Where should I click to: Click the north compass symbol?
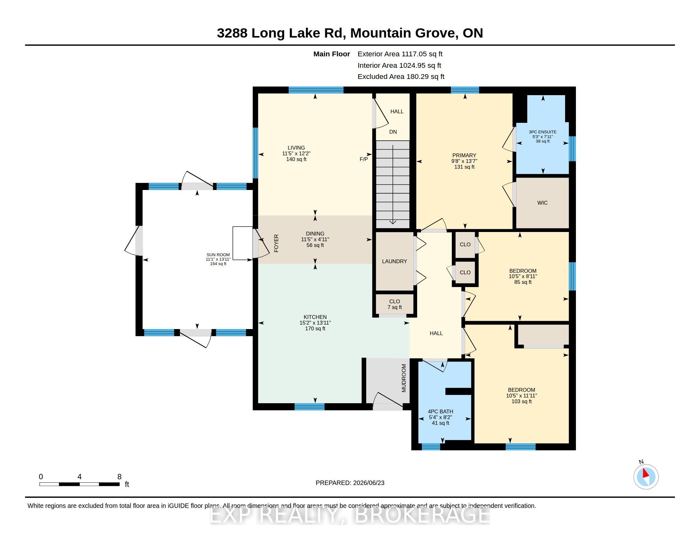click(646, 477)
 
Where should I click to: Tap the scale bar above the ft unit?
click(80, 484)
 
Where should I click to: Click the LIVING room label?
click(296, 148)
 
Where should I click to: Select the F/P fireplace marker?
click(363, 159)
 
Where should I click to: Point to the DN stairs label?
click(393, 132)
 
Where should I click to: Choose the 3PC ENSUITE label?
click(542, 132)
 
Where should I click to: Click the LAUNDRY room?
click(394, 261)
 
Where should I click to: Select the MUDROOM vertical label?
click(404, 378)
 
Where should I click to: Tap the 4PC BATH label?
click(440, 411)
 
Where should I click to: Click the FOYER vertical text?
click(276, 243)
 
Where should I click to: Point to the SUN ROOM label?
click(218, 255)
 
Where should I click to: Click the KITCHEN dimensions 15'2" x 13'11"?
click(315, 323)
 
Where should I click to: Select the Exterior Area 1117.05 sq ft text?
click(400, 54)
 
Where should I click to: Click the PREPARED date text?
click(350, 483)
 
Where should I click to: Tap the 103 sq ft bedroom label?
click(521, 401)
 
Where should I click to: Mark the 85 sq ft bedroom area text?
click(523, 282)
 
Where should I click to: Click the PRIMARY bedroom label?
click(464, 155)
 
